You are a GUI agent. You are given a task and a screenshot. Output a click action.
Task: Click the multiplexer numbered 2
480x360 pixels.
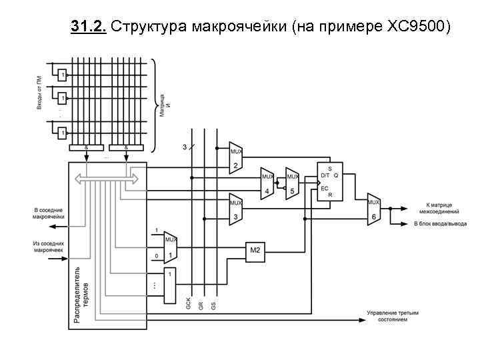[x=235, y=157]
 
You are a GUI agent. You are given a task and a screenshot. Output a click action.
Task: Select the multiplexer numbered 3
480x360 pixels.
[x=235, y=209]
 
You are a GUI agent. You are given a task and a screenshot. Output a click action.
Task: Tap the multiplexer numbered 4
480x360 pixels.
[x=267, y=183]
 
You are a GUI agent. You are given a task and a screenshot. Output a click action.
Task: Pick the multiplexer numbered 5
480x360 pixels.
[x=292, y=183]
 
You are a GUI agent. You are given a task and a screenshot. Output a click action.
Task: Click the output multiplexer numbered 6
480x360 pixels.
[x=373, y=209]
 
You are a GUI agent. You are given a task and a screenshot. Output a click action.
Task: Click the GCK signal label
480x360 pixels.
[x=189, y=303]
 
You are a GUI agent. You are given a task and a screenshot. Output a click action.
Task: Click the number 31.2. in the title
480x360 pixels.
[x=88, y=27]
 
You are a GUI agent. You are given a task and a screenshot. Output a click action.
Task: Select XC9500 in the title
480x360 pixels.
[x=417, y=27]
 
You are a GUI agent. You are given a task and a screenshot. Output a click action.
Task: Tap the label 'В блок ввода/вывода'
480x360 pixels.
[x=441, y=223]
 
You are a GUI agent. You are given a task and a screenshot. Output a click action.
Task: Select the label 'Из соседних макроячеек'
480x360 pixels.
[x=49, y=247]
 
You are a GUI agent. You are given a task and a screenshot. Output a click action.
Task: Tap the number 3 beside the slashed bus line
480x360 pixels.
[x=185, y=146]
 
